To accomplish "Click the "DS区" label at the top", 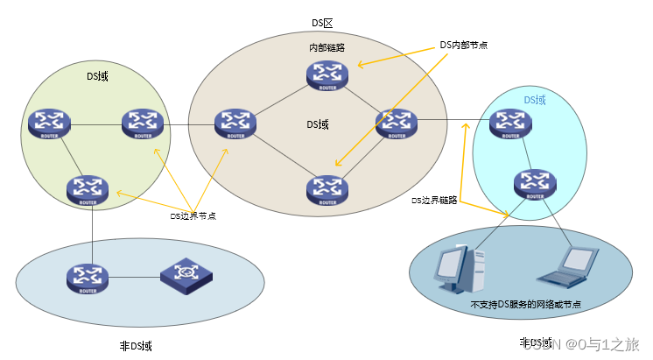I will pyautogui.click(x=323, y=22).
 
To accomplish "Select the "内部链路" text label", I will pyautogui.click(x=326, y=47).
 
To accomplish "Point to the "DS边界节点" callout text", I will pyautogui.click(x=193, y=215).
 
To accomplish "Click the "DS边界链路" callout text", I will pyautogui.click(x=434, y=201).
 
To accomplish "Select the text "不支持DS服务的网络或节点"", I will pyautogui.click(x=525, y=305).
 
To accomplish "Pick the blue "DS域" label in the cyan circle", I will pyautogui.click(x=535, y=101).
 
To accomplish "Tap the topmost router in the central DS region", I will pyautogui.click(x=327, y=76).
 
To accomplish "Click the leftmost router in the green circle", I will pyautogui.click(x=47, y=124).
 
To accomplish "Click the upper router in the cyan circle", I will pyautogui.click(x=510, y=124).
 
